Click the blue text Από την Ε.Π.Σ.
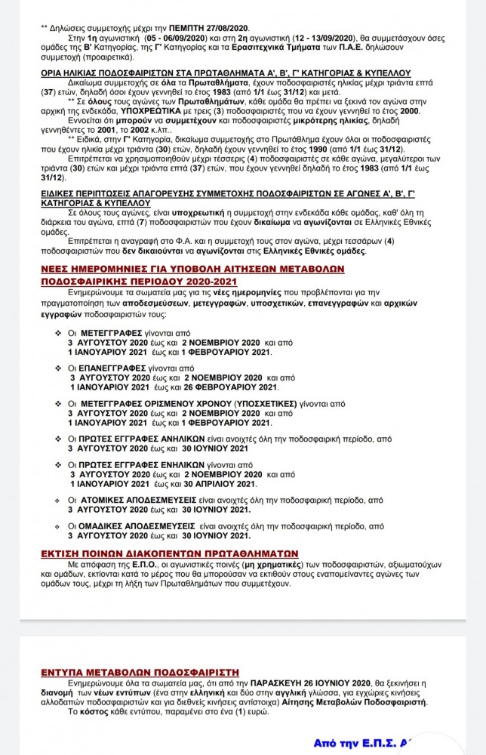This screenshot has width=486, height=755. [x=352, y=741]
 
